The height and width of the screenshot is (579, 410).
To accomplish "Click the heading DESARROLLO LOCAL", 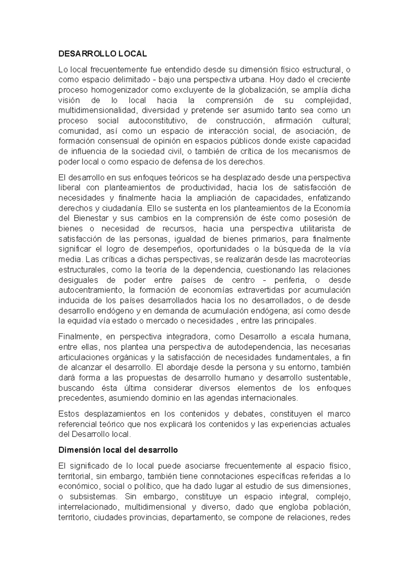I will click(x=102, y=54).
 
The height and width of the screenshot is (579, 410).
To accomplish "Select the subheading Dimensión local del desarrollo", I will click(x=118, y=450).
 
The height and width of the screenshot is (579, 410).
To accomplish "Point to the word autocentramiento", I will click(x=90, y=291).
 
